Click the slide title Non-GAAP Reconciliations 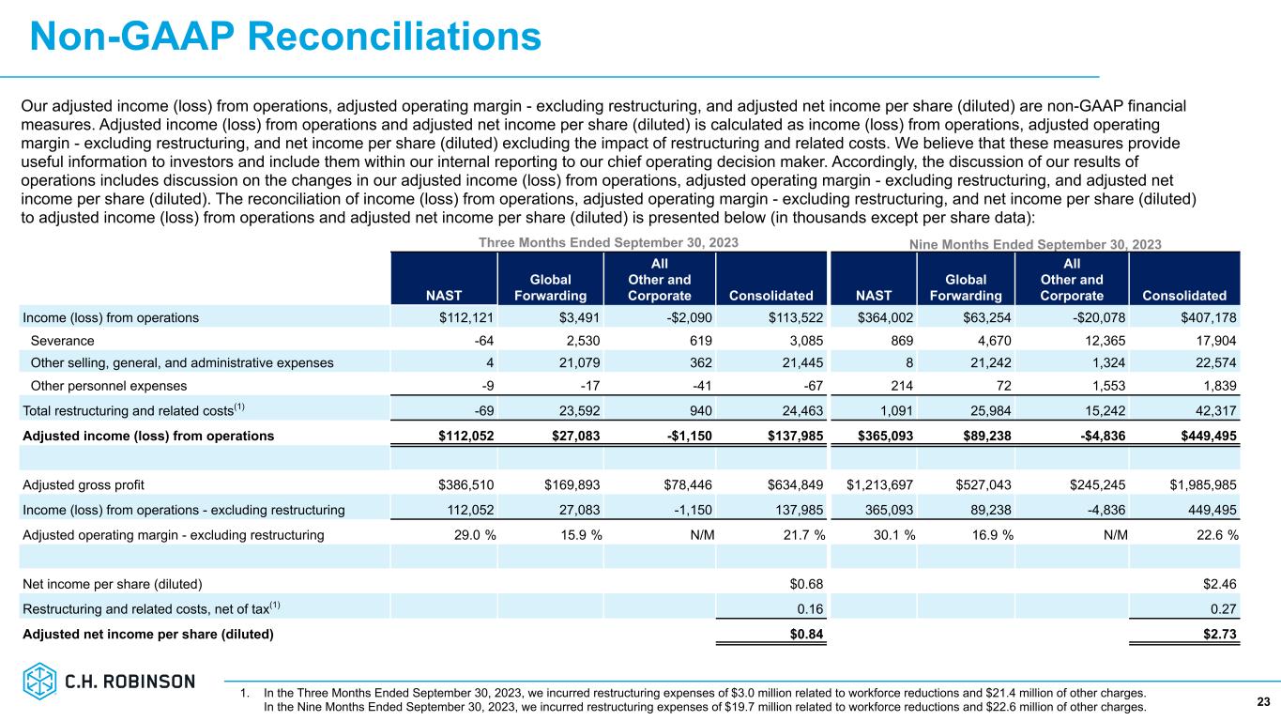pyautogui.click(x=285, y=37)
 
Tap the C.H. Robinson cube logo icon pyautogui.click(x=40, y=681)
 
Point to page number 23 pyautogui.click(x=1263, y=700)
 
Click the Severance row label pyautogui.click(x=62, y=340)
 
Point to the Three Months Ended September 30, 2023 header pyautogui.click(x=608, y=242)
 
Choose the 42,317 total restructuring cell pyautogui.click(x=1214, y=411)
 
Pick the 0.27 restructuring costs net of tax pyautogui.click(x=1224, y=609)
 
